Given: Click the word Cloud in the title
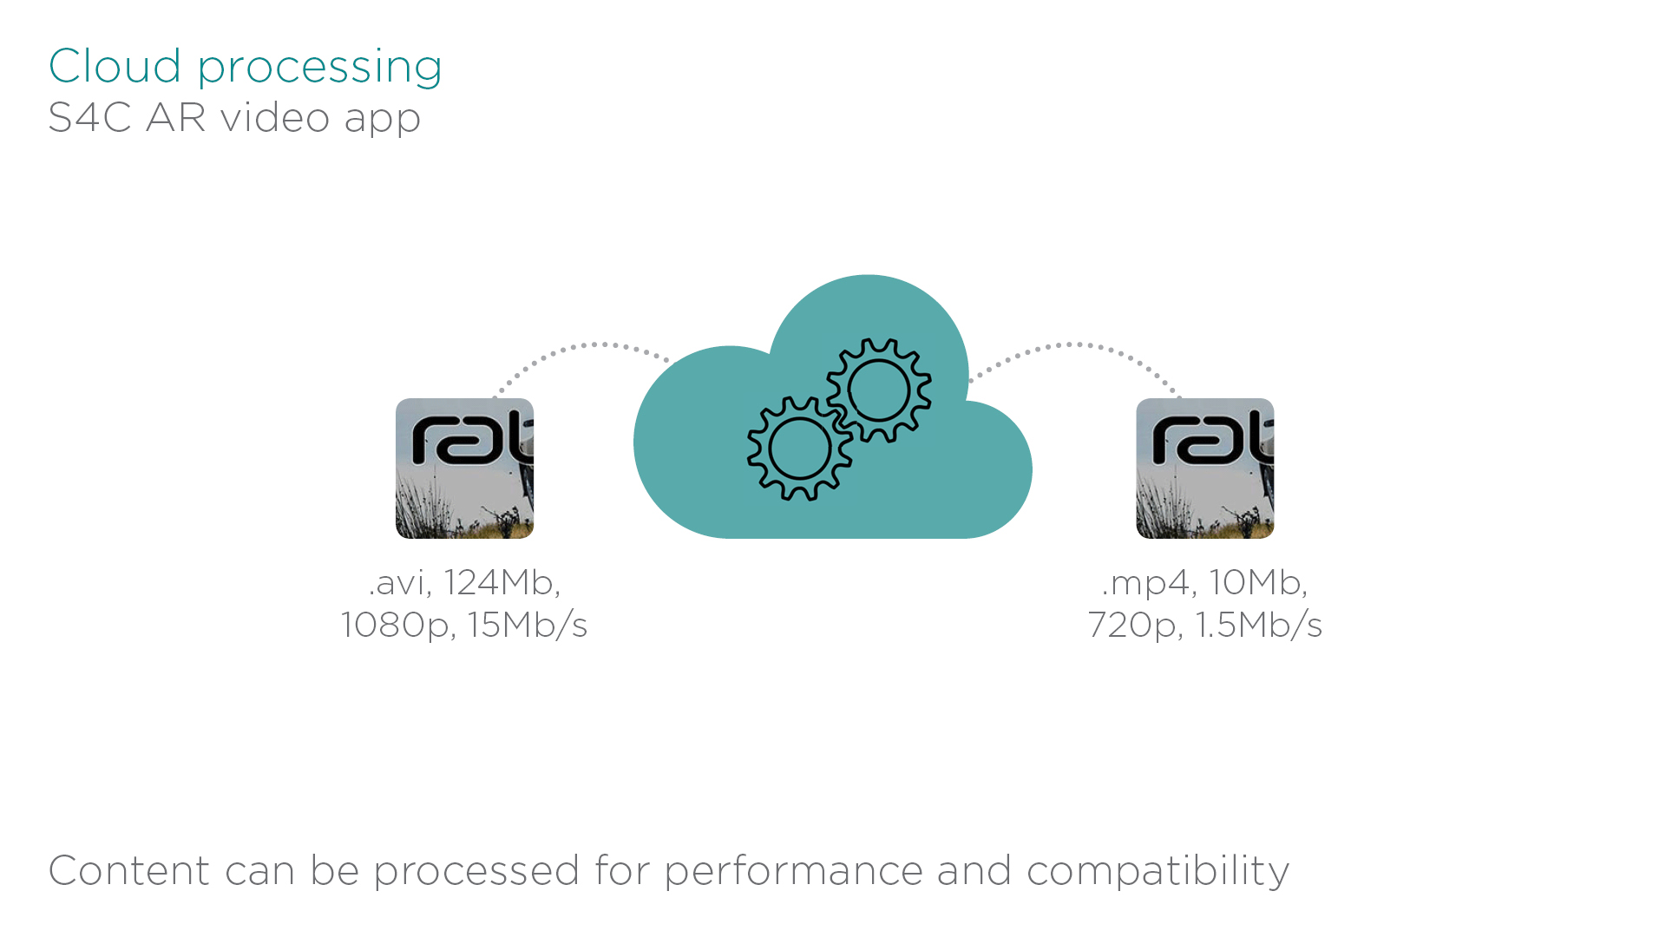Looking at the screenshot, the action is pos(115,66).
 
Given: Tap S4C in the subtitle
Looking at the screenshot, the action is pos(89,117).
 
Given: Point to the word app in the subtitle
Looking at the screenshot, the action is pos(382,120).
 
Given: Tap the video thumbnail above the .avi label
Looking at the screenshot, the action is pos(464,468).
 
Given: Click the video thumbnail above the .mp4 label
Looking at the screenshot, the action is pos(1204,468).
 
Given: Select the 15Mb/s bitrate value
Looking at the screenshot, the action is pos(528,625).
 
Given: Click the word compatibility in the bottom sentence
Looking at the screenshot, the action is pos(1158,871).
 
